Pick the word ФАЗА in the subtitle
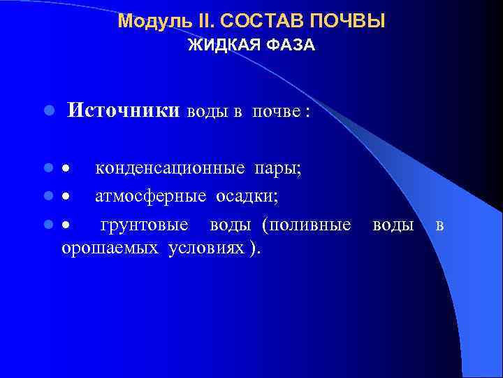(x=288, y=45)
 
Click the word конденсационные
(x=170, y=168)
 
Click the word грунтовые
(x=144, y=225)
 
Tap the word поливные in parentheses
(x=307, y=225)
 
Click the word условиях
(x=206, y=248)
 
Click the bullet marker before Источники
(x=48, y=111)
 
